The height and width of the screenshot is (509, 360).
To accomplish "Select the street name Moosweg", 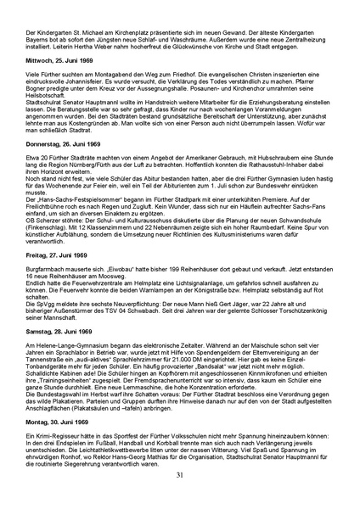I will [x=133, y=280].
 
